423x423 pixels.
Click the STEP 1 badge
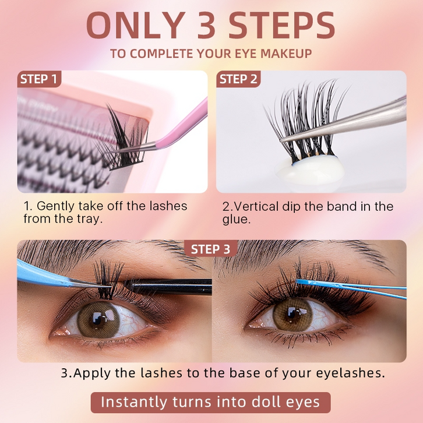[x=39, y=79]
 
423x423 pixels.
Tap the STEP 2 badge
[x=238, y=79]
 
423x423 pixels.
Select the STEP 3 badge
[x=211, y=249]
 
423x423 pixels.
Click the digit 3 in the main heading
[x=206, y=26]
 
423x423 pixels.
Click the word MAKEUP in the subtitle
[x=286, y=54]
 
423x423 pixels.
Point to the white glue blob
[x=310, y=170]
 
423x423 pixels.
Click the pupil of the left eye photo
[x=98, y=319]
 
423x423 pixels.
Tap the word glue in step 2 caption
[x=236, y=220]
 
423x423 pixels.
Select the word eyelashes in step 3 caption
[x=350, y=373]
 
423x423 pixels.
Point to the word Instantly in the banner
[x=134, y=403]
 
